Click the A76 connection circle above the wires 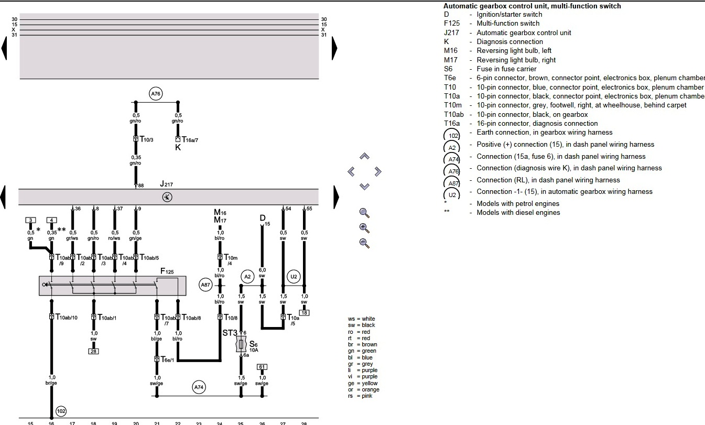point(156,94)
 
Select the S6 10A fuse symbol point(241,344)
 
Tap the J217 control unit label point(166,184)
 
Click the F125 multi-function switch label point(167,271)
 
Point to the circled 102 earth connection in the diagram point(61,411)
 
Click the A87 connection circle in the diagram point(205,285)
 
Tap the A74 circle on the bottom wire point(198,387)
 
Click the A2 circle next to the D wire point(247,276)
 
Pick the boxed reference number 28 point(93,351)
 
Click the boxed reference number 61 point(262,367)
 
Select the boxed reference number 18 point(304,313)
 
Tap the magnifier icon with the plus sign point(365,228)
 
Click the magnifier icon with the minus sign point(365,243)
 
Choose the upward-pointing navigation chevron point(365,156)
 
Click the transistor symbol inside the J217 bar point(167,197)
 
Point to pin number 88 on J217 point(140,185)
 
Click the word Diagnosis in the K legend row point(493,42)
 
